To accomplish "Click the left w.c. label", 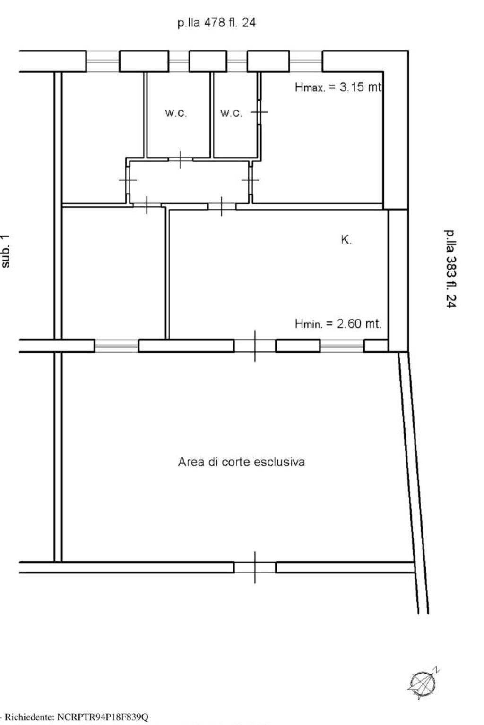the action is [176, 113].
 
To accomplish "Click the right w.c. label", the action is [231, 113].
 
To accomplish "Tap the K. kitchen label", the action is [346, 240].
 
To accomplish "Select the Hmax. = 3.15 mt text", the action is [338, 87].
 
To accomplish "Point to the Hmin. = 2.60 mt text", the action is [338, 323].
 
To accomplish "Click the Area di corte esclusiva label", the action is [242, 462].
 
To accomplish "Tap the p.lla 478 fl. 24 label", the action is [216, 23].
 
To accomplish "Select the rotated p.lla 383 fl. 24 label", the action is [450, 269].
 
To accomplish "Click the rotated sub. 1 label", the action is [6, 251].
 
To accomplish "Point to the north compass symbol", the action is [423, 683].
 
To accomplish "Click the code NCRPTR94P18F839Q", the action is [103, 717].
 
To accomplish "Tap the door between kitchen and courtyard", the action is [255, 346].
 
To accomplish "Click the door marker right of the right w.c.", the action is [259, 112].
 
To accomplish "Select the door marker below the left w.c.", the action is [180, 159].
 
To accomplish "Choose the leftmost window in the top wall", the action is [103, 61].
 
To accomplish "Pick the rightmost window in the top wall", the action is [306, 61].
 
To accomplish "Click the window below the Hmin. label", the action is [342, 346].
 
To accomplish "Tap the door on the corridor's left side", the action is [128, 180].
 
